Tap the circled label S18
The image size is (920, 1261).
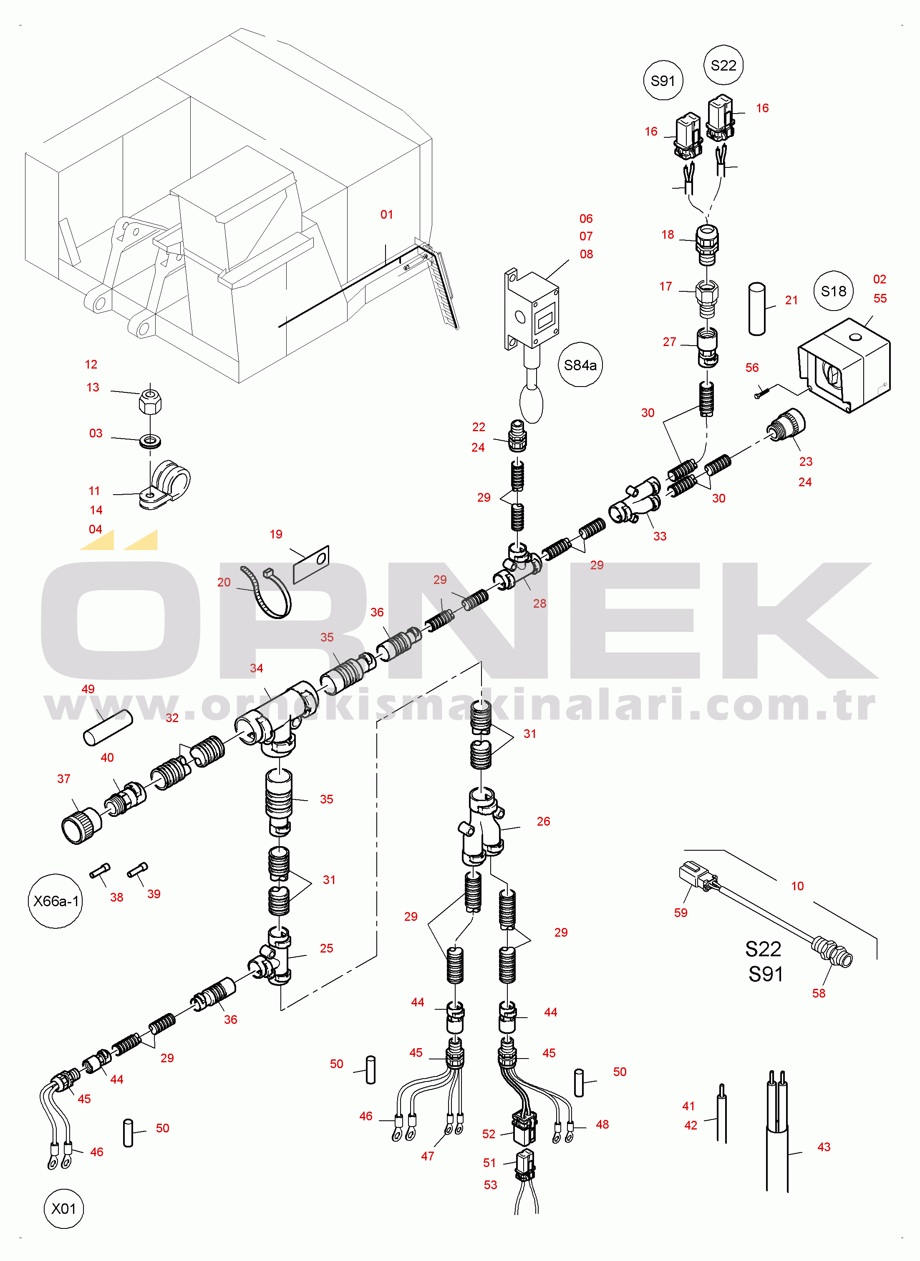point(833,291)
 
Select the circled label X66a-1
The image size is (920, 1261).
point(55,901)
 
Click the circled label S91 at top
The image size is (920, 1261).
point(663,80)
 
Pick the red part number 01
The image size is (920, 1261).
point(386,215)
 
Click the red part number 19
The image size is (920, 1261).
point(276,534)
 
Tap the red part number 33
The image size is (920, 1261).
point(659,536)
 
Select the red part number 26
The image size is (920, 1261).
point(543,821)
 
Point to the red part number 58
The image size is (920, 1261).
point(818,993)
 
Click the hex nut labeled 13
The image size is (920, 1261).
point(150,399)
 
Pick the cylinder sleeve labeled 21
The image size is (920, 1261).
point(757,309)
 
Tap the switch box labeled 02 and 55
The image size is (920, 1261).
point(844,365)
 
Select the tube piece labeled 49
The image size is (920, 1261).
point(108,728)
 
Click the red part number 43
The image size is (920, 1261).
point(824,1147)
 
